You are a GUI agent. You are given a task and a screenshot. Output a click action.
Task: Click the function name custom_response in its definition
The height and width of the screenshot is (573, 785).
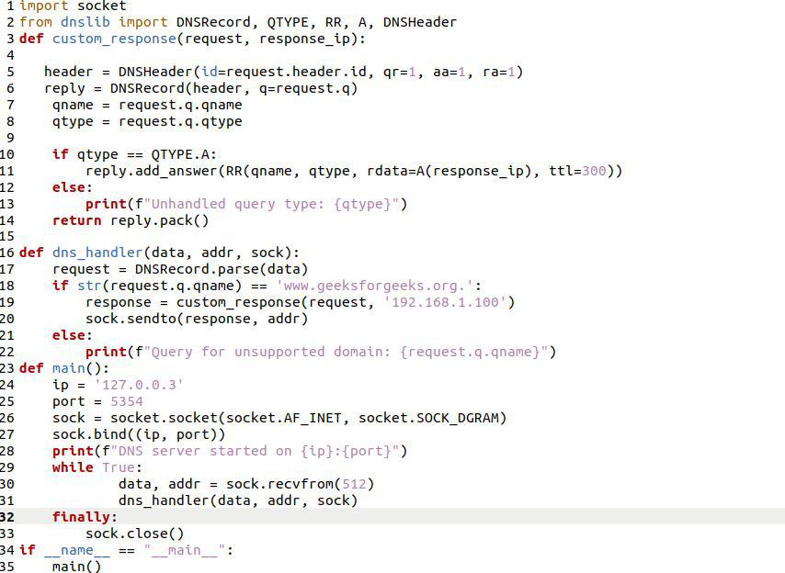pyautogui.click(x=114, y=39)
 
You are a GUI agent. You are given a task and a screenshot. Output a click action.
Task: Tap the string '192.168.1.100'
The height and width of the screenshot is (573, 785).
pyautogui.click(x=445, y=302)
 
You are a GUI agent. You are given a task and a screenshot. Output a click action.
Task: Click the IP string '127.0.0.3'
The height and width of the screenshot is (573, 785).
pyautogui.click(x=139, y=385)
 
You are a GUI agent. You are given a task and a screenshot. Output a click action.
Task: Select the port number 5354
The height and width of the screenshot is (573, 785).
pyautogui.click(x=127, y=401)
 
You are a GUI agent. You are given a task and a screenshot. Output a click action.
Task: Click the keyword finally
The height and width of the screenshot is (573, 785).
pyautogui.click(x=81, y=517)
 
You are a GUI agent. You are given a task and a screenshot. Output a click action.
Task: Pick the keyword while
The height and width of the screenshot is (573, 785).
pyautogui.click(x=73, y=467)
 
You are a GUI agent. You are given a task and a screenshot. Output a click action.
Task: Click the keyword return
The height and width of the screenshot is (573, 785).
pyautogui.click(x=76, y=220)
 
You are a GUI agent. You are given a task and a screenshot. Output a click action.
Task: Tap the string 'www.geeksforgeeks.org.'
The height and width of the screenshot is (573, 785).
pyautogui.click(x=375, y=286)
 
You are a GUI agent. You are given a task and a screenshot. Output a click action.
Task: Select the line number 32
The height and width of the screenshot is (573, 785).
pyautogui.click(x=7, y=517)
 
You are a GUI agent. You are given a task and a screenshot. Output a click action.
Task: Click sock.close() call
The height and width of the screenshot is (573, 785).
pyautogui.click(x=135, y=534)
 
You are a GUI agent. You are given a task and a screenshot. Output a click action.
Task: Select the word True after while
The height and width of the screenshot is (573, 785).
pyautogui.click(x=119, y=467)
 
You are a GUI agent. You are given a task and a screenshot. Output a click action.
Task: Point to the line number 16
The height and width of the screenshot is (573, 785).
pyautogui.click(x=7, y=253)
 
